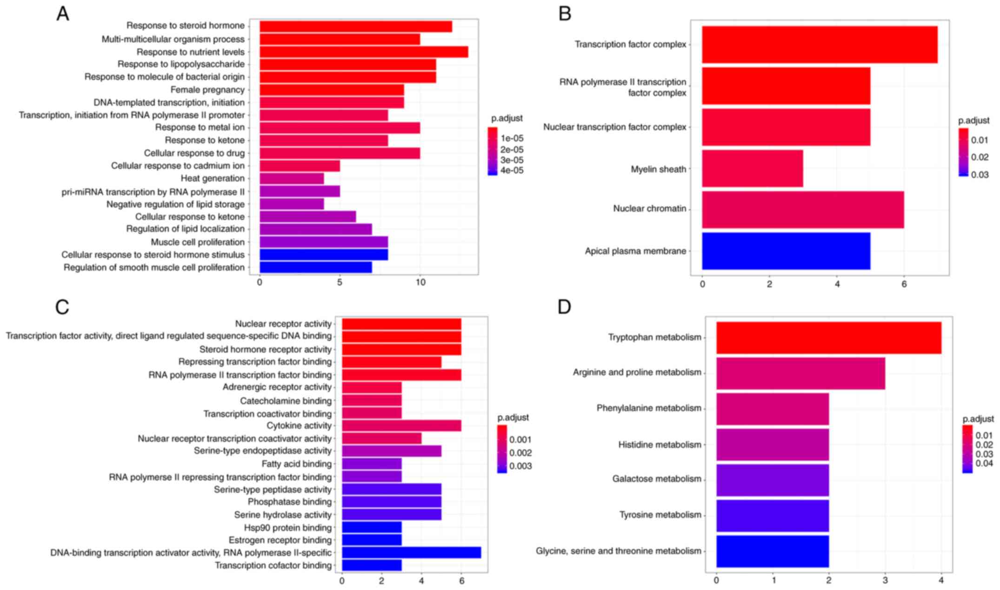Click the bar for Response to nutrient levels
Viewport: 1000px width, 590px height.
coord(363,52)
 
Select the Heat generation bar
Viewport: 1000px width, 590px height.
coord(292,179)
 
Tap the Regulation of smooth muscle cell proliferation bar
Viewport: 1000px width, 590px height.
coord(315,267)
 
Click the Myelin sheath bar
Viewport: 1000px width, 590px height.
coord(752,169)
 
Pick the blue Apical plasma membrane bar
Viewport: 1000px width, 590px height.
coord(786,251)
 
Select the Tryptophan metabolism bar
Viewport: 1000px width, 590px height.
coord(828,338)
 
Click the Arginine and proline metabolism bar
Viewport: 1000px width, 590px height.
coord(800,373)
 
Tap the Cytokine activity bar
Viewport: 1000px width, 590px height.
coord(401,426)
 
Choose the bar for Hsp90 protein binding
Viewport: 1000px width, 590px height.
coord(372,528)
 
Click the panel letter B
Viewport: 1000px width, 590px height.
coord(565,14)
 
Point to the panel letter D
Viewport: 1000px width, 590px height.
coord(564,307)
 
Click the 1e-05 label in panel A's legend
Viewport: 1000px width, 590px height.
coord(512,139)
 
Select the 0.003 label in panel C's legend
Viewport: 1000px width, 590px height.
coord(520,466)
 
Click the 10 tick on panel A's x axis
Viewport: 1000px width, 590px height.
coord(420,283)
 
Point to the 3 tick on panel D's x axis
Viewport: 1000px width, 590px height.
coord(885,580)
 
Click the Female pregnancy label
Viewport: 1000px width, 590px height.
coord(207,90)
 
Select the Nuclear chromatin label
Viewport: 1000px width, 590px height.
coord(649,209)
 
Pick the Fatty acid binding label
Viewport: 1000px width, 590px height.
coord(297,464)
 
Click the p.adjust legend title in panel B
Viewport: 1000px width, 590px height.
coord(973,121)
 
